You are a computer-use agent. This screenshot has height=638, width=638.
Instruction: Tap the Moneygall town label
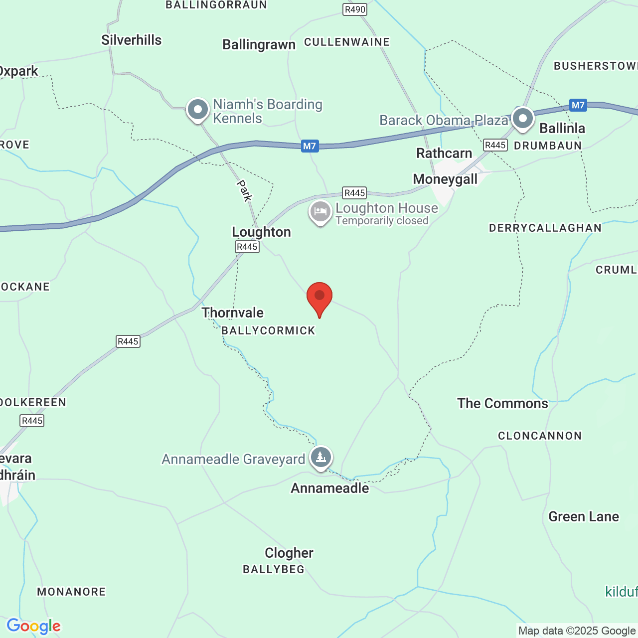pyautogui.click(x=445, y=179)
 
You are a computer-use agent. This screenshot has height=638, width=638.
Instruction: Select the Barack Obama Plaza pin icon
pyautogui.click(x=523, y=119)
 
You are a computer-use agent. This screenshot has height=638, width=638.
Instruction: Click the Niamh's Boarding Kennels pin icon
pyautogui.click(x=198, y=109)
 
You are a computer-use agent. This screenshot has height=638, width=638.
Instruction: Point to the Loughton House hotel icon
pyautogui.click(x=320, y=212)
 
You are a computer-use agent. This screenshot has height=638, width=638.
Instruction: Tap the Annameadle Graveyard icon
pyautogui.click(x=321, y=457)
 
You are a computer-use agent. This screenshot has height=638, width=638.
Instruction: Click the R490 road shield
pyautogui.click(x=355, y=9)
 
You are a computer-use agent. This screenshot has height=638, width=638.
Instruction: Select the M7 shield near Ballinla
pyautogui.click(x=578, y=105)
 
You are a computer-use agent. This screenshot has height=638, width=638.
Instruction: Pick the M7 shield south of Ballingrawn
pyautogui.click(x=310, y=146)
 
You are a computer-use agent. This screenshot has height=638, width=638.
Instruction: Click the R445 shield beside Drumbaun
pyautogui.click(x=495, y=145)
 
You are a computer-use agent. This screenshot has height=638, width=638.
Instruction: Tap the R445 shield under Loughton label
pyautogui.click(x=247, y=247)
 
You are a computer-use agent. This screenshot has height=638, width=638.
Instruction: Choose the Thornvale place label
pyautogui.click(x=232, y=313)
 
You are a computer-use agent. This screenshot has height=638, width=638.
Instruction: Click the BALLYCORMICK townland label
pyautogui.click(x=268, y=330)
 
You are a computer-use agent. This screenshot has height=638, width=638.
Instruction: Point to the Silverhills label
pyautogui.click(x=132, y=40)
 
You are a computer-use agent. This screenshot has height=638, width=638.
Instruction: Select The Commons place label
pyautogui.click(x=502, y=403)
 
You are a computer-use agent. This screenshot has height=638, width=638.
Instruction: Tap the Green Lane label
pyautogui.click(x=584, y=516)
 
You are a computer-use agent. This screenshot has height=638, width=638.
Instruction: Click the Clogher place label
pyautogui.click(x=289, y=553)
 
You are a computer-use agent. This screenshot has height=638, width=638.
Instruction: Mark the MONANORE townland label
pyautogui.click(x=71, y=592)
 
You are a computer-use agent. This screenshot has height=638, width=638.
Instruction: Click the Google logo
pyautogui.click(x=33, y=626)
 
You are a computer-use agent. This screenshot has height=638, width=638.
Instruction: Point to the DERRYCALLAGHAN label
pyautogui.click(x=545, y=228)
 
